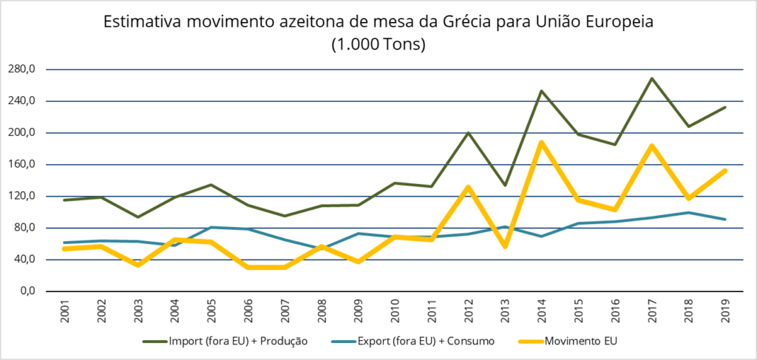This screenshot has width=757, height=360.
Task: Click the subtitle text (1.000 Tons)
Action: [378, 44]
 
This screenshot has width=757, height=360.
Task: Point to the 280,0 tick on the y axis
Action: [21, 69]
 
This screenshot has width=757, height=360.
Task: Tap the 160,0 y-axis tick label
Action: [21, 164]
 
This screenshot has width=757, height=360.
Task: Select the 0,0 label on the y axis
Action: [27, 291]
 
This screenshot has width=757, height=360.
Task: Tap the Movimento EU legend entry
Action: [579, 342]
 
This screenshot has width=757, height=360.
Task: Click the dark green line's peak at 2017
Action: [652, 78]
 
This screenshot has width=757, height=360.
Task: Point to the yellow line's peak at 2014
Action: [542, 142]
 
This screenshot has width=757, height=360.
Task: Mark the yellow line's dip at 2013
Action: [506, 246]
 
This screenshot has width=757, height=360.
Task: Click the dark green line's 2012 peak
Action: [469, 133]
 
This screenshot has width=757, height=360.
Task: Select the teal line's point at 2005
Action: [212, 227]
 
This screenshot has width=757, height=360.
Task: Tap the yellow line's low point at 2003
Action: [139, 265]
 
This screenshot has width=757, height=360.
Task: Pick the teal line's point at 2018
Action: [688, 213]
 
